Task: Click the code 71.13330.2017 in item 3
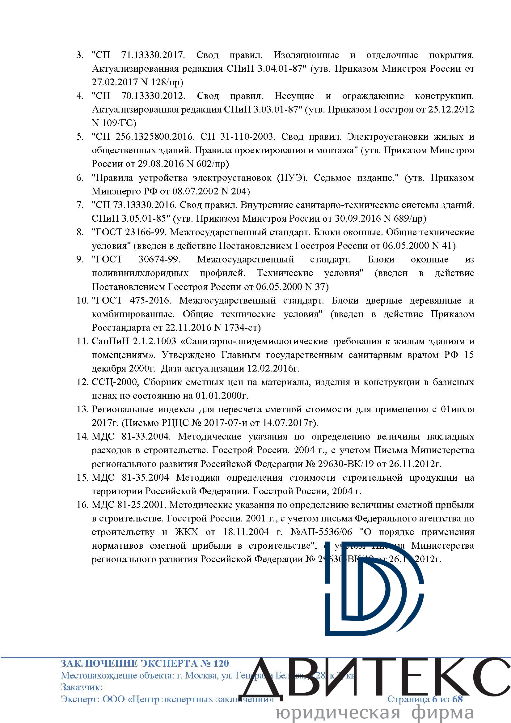coord(153,55)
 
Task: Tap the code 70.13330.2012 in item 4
coord(153,96)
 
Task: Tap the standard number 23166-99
coord(146,232)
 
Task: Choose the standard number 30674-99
coord(159,259)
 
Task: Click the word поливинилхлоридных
coord(140,273)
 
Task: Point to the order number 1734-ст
coord(242,328)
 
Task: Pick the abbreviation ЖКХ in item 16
coord(187,532)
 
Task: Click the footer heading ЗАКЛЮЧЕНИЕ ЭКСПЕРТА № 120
coord(145,664)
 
